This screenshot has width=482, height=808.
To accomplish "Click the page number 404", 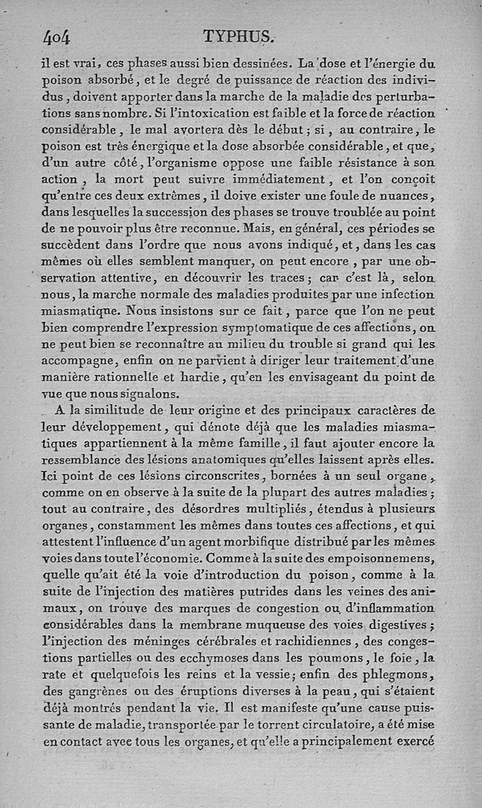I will coord(57,38).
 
